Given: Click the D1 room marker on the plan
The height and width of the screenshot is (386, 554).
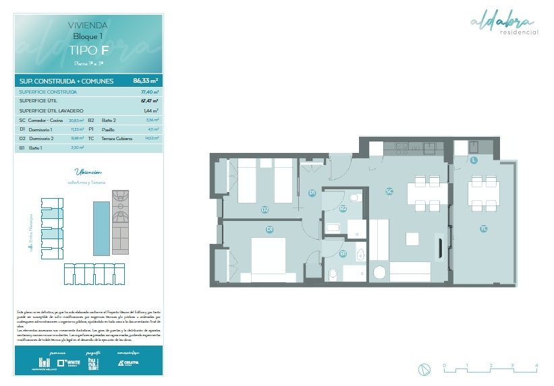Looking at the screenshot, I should coord(269,230).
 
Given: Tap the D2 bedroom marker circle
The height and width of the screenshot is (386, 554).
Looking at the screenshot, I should coord(265,210).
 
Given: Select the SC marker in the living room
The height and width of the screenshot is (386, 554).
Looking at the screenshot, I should coord(389,191).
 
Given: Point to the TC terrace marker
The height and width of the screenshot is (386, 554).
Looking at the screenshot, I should coord(483,229).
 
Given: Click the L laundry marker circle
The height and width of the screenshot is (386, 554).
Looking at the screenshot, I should coord(474,160).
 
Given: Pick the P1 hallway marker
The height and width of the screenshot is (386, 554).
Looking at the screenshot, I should coord(312,193).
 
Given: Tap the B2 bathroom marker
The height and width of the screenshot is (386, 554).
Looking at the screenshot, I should coord(343,208).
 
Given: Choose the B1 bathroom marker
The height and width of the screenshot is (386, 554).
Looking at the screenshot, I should coord(343,253).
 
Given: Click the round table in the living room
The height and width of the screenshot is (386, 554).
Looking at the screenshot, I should coord(380,273).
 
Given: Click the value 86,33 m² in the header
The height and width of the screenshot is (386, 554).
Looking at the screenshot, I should coord(146,81).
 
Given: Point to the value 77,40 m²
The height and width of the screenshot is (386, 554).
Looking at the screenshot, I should coord(149,92).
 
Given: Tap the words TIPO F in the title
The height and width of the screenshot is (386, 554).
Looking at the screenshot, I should coord(88,50).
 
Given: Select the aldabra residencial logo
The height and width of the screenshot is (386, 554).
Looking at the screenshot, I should coord(504,24).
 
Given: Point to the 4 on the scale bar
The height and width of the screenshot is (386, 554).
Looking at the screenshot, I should coord(536,364).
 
